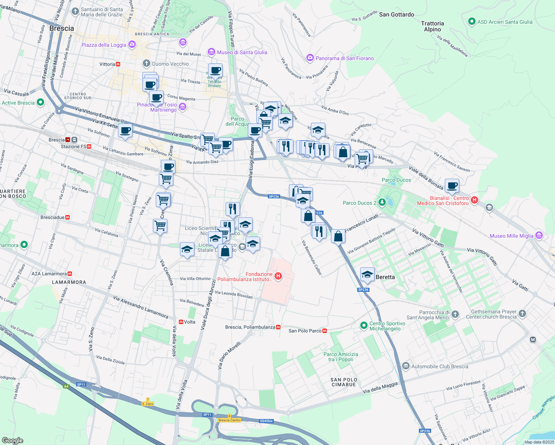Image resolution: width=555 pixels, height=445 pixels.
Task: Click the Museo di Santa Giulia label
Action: [x=242, y=52]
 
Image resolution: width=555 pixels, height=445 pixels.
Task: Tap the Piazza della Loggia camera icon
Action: [x=132, y=45]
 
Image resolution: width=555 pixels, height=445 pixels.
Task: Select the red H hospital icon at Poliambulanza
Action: [x=278, y=276]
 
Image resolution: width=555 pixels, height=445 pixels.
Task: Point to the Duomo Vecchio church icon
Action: [x=147, y=63]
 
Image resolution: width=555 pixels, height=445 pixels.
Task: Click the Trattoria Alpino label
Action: [x=433, y=26]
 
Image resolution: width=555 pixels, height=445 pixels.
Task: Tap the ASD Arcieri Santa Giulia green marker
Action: [x=472, y=22]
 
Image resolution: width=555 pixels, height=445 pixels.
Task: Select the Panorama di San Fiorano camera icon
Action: [x=310, y=58]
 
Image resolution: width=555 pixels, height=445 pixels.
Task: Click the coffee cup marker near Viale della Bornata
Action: [x=451, y=185]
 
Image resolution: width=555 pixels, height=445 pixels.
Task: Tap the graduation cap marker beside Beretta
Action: [x=367, y=274]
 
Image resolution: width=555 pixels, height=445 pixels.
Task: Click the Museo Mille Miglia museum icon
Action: [x=539, y=235]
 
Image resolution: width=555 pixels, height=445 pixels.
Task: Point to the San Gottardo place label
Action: [x=397, y=14]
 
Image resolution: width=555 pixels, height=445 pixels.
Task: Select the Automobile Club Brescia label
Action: [x=440, y=366]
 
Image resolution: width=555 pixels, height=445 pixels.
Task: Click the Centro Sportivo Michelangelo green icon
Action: [x=364, y=325]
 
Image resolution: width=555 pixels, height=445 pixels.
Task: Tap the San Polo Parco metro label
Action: [x=305, y=331]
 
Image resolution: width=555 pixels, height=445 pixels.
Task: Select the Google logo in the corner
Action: [x=12, y=440]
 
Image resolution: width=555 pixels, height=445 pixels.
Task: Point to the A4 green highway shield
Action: [x=66, y=386]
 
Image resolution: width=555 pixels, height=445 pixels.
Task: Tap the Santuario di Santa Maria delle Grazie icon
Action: [x=75, y=11]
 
